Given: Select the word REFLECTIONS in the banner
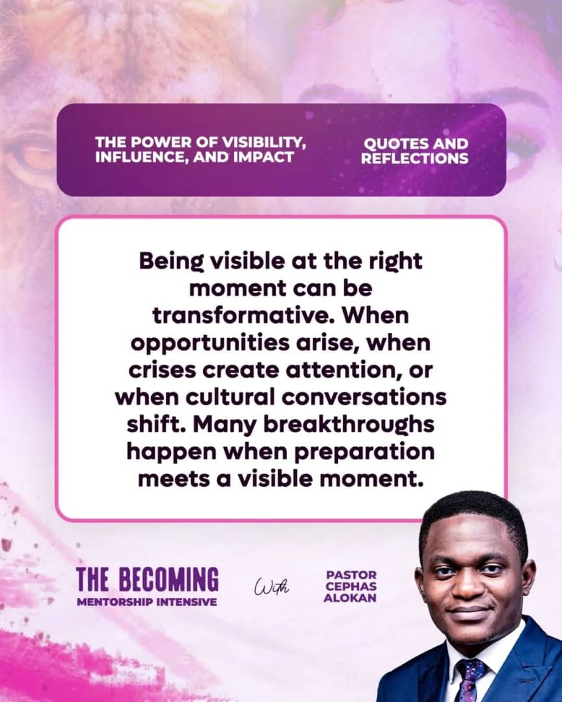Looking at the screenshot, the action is point(414,158).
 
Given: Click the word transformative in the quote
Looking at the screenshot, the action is point(244,315).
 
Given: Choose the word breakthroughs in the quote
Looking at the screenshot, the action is point(348,425).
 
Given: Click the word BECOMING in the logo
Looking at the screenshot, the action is point(168,580).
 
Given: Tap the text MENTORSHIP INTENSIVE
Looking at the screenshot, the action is point(147,602).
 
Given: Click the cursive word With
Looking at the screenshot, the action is point(272,586).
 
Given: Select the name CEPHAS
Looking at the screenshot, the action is point(351,586).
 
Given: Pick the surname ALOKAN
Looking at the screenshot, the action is point(350,598).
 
